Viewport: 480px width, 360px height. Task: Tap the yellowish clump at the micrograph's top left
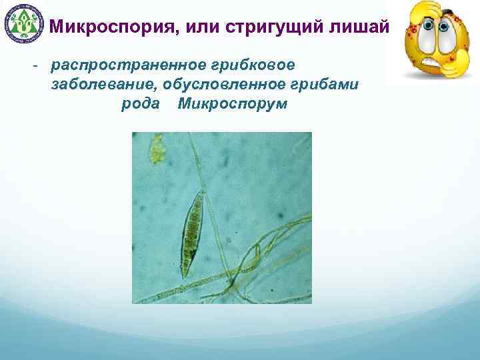(x=157, y=147)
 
